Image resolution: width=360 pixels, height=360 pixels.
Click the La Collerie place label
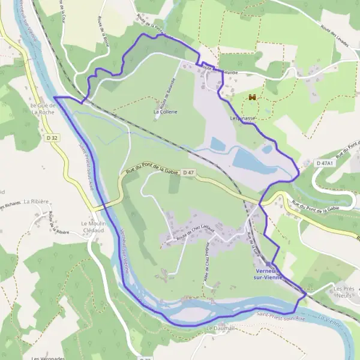point(165,112)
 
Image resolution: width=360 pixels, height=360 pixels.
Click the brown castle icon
point(253,97)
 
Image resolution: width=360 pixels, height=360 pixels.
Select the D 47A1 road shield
point(327,163)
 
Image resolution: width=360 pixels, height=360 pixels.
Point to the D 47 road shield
point(190,173)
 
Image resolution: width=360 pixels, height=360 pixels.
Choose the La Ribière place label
point(37,202)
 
